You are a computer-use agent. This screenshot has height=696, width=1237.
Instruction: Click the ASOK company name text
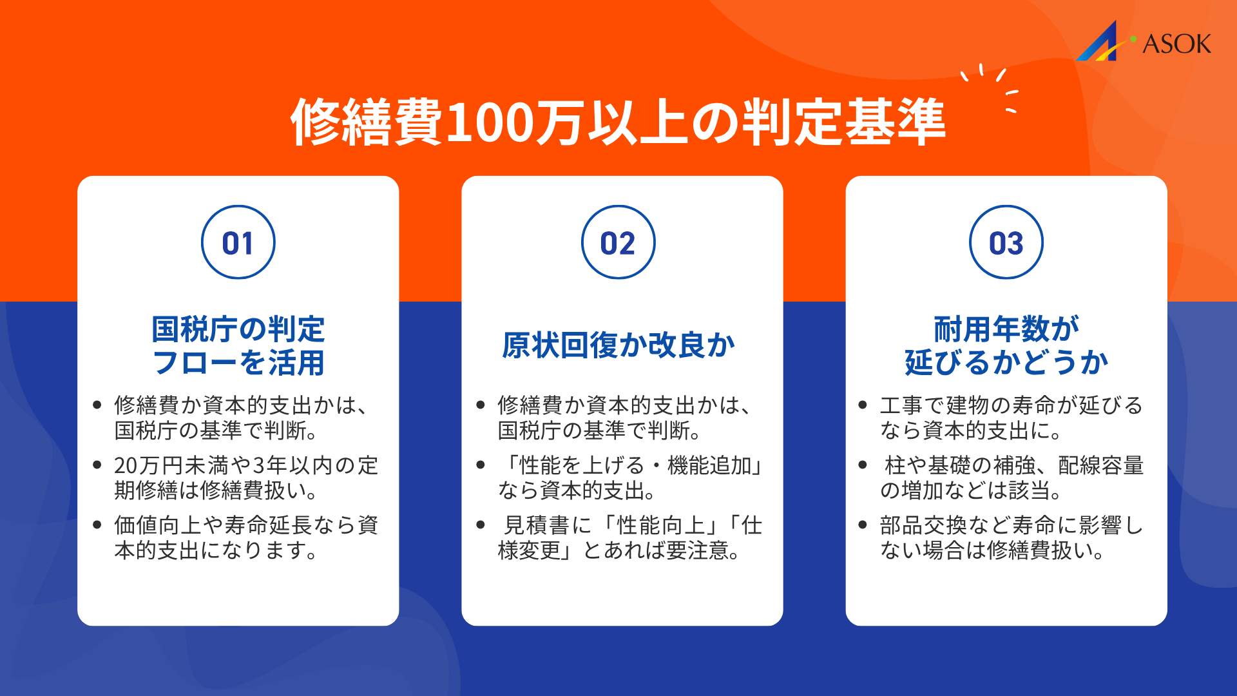tap(1176, 44)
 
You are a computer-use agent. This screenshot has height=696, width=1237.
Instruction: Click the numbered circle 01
tap(238, 242)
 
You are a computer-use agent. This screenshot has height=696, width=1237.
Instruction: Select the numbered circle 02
tap(618, 242)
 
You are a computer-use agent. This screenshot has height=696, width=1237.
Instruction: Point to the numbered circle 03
tap(1006, 242)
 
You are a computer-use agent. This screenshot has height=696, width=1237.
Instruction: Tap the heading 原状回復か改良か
tap(618, 345)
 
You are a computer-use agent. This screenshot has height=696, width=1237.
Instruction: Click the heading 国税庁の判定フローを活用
tap(238, 345)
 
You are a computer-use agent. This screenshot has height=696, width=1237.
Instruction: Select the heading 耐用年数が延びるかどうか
tap(1006, 345)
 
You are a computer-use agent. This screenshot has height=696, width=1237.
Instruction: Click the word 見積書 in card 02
tap(537, 526)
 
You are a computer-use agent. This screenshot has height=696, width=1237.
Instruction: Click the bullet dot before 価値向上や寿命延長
tap(97, 525)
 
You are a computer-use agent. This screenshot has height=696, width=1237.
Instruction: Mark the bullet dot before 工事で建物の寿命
tap(863, 405)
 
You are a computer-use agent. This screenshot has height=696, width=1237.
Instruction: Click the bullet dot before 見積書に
tap(481, 525)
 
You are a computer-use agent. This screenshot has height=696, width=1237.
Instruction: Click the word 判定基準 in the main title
tap(844, 122)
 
